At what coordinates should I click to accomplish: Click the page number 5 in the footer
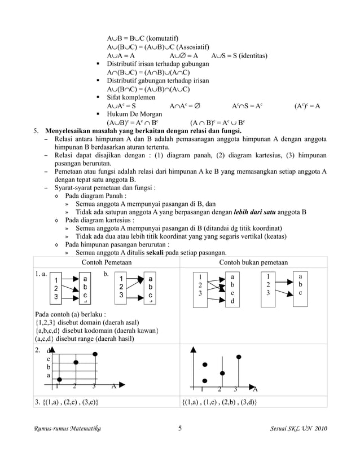pyautogui.click(x=179, y=429)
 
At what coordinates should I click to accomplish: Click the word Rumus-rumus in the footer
pyautogui.click(x=51, y=430)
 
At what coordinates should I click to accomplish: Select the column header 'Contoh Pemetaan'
pyautogui.click(x=106, y=262)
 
